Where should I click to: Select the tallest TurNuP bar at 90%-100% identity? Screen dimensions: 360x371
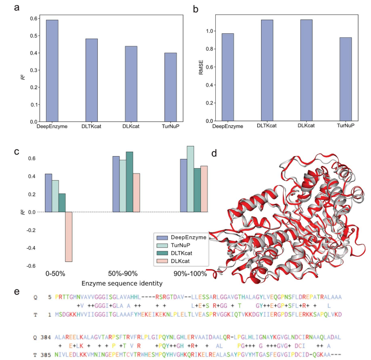point(191,179)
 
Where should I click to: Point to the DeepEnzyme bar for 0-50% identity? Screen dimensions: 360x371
point(48,193)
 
